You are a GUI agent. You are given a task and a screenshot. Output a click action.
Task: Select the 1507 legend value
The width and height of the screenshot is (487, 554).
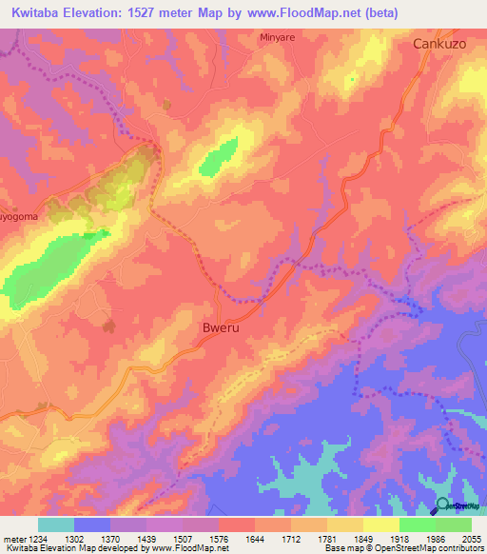pos(183,538)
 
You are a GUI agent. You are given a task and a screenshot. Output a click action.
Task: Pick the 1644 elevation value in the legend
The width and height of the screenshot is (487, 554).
pos(255,538)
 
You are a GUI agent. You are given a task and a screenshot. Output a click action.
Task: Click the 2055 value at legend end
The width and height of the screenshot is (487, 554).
pos(472,538)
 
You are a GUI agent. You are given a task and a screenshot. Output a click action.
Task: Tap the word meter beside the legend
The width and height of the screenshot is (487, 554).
pos(12,538)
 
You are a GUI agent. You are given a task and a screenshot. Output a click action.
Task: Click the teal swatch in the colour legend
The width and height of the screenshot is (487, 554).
pos(56,524)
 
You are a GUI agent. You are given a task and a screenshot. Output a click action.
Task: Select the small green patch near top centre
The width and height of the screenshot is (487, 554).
pos(220,157)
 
